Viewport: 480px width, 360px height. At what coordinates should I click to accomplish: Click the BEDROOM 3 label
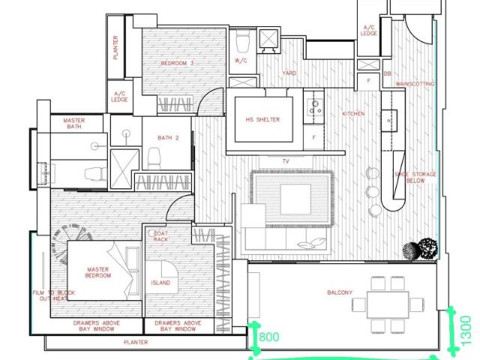[x=178, y=64]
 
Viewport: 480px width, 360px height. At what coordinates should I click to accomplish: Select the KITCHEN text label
[x=353, y=114]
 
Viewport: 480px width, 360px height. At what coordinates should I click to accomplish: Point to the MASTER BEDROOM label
[x=98, y=272]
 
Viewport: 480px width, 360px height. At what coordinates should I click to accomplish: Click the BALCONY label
[x=340, y=292]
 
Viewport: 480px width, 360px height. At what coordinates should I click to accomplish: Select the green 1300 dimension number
[x=466, y=330]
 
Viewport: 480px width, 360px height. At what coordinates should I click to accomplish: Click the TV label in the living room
[x=286, y=161]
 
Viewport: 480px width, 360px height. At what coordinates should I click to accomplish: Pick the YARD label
[x=289, y=73]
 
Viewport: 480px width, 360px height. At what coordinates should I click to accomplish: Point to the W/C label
[x=241, y=60]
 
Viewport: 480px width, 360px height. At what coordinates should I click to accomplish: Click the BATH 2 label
[x=168, y=138]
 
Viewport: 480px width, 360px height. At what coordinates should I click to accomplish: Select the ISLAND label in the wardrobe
[x=160, y=283]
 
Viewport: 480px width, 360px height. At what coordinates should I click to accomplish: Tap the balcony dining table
[x=388, y=302]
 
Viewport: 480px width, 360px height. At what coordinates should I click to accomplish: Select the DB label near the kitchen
[x=387, y=73]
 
